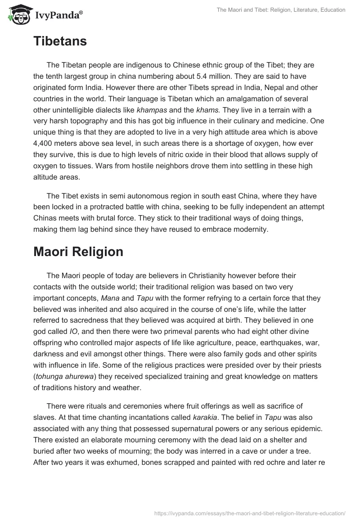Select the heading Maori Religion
pos(78,252)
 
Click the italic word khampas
pos(151,109)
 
